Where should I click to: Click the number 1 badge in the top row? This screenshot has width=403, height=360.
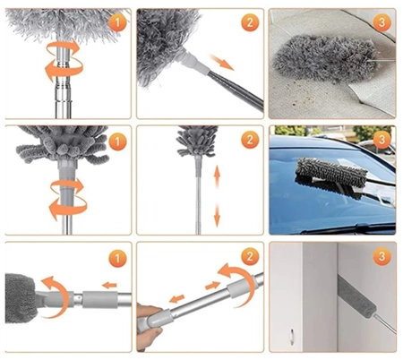[116, 21]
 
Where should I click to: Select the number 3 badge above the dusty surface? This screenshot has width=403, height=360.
[382, 21]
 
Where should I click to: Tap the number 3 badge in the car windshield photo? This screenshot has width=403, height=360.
[382, 139]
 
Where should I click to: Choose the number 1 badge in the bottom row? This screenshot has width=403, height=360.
[116, 259]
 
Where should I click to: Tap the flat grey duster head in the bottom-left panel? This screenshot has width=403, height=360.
[20, 296]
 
